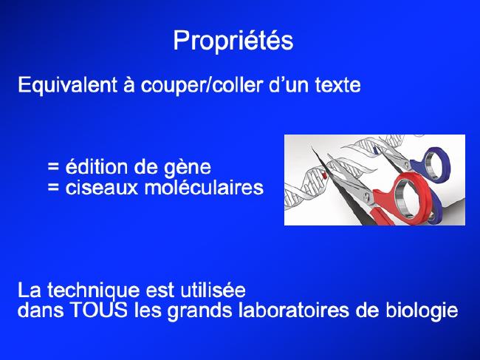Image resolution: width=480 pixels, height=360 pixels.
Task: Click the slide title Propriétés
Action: click(x=233, y=41)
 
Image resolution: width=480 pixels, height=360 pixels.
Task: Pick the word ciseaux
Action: click(x=102, y=187)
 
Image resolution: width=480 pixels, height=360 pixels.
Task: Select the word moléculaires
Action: click(x=204, y=187)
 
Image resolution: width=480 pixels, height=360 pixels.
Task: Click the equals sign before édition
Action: click(x=53, y=167)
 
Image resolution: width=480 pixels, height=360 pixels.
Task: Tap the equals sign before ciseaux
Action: click(x=53, y=188)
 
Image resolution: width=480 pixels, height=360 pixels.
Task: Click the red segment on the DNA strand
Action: click(x=323, y=175)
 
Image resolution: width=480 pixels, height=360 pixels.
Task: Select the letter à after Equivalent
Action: click(x=129, y=84)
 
